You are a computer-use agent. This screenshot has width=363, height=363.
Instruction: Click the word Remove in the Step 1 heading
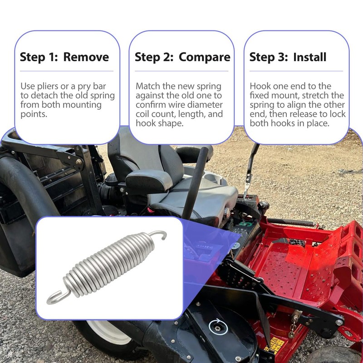pyautogui.click(x=86, y=57)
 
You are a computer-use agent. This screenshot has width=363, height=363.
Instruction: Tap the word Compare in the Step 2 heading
pyautogui.click(x=205, y=58)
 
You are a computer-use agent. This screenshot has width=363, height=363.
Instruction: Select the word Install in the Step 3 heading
pyautogui.click(x=310, y=57)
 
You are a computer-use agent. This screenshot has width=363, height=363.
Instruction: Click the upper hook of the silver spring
pyautogui.click(x=159, y=234)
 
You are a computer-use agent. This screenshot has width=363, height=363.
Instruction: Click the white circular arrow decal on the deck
pyautogui.click(x=218, y=327)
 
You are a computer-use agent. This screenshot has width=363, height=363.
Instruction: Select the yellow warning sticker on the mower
pyautogui.click(x=275, y=344)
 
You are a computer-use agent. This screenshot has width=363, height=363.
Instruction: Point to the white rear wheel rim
pyautogui.click(x=109, y=332)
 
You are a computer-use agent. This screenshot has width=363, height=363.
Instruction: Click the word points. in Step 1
pyautogui.click(x=34, y=114)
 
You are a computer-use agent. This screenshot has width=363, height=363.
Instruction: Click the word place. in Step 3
pyautogui.click(x=318, y=123)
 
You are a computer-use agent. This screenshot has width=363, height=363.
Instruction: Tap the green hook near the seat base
pyautogui.click(x=245, y=224)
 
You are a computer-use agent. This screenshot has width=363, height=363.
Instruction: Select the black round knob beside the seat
pyautogui.click(x=264, y=206)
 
